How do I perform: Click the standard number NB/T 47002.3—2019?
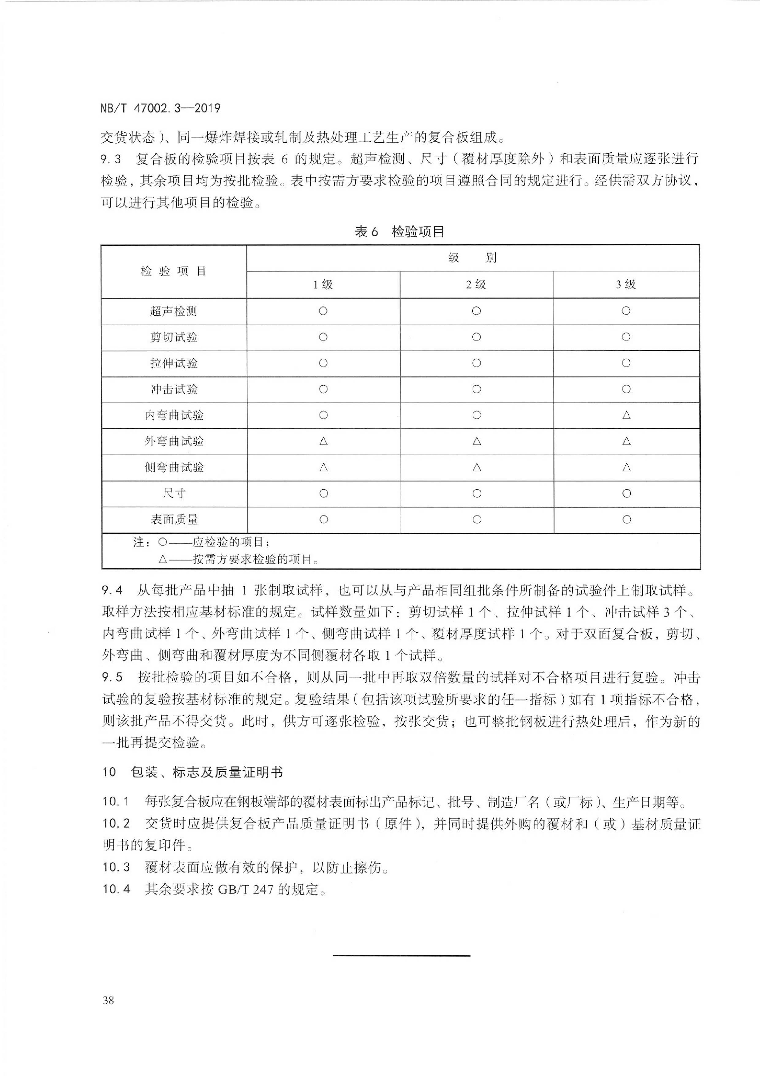point(160,108)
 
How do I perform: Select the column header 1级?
point(323,284)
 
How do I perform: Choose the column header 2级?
point(476,284)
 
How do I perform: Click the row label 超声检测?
point(174,311)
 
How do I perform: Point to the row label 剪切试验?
point(174,337)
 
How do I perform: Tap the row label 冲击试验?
point(174,390)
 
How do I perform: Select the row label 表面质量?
point(174,519)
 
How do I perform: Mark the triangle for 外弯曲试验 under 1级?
point(323,441)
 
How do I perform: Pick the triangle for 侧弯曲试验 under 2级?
point(477,467)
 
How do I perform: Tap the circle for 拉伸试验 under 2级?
point(476,363)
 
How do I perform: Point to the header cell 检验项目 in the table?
point(174,271)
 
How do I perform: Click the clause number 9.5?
point(112,677)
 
